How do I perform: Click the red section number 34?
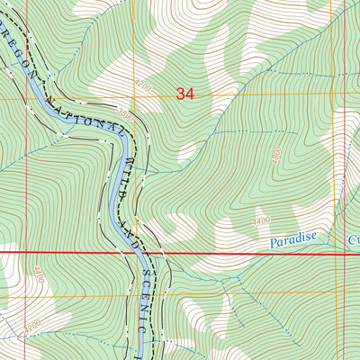coord(185,93)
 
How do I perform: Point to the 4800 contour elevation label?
coord(276,156)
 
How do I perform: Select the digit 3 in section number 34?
coord(181,93)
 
